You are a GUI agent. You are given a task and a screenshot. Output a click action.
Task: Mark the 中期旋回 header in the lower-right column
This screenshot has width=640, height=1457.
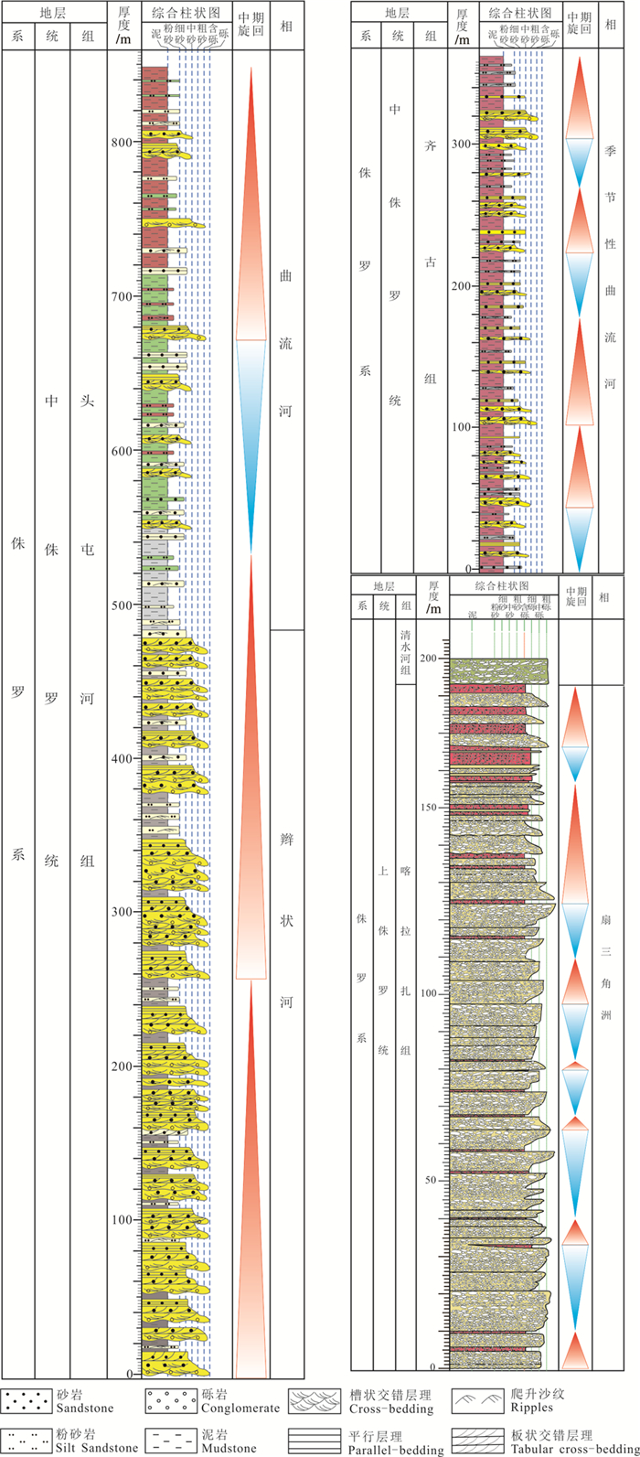pyautogui.click(x=575, y=595)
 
